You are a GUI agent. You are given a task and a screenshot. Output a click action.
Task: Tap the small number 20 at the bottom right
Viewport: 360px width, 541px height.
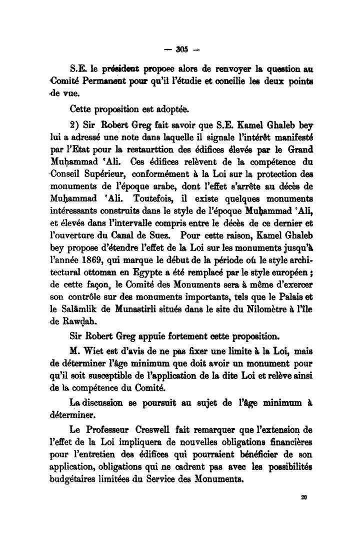coord(304,497)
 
